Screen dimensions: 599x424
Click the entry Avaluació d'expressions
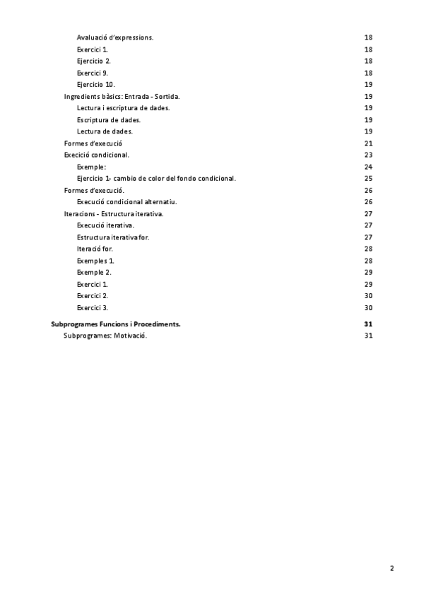click(x=115, y=37)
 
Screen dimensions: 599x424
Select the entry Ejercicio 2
click(x=94, y=61)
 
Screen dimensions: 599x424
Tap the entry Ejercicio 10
click(x=95, y=84)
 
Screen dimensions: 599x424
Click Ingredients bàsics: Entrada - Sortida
click(x=126, y=96)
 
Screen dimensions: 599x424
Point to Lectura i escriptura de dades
click(x=123, y=107)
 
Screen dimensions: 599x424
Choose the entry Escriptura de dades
click(x=108, y=119)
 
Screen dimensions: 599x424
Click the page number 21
click(x=367, y=143)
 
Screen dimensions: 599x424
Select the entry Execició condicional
click(x=96, y=155)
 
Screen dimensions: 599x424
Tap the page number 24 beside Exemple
click(x=367, y=167)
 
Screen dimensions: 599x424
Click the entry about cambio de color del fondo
click(x=156, y=178)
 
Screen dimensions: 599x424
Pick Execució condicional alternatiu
click(x=126, y=201)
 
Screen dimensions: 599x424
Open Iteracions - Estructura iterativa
click(x=114, y=213)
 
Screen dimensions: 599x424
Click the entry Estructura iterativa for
click(x=112, y=237)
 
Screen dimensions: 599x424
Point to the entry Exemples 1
click(x=96, y=261)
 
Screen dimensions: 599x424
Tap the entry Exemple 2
click(x=94, y=272)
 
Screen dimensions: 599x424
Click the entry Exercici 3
click(x=93, y=307)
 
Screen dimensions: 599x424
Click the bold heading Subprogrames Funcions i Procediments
click(x=116, y=324)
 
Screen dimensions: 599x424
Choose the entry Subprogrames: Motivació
click(x=105, y=336)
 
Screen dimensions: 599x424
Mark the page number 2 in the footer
click(x=391, y=568)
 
